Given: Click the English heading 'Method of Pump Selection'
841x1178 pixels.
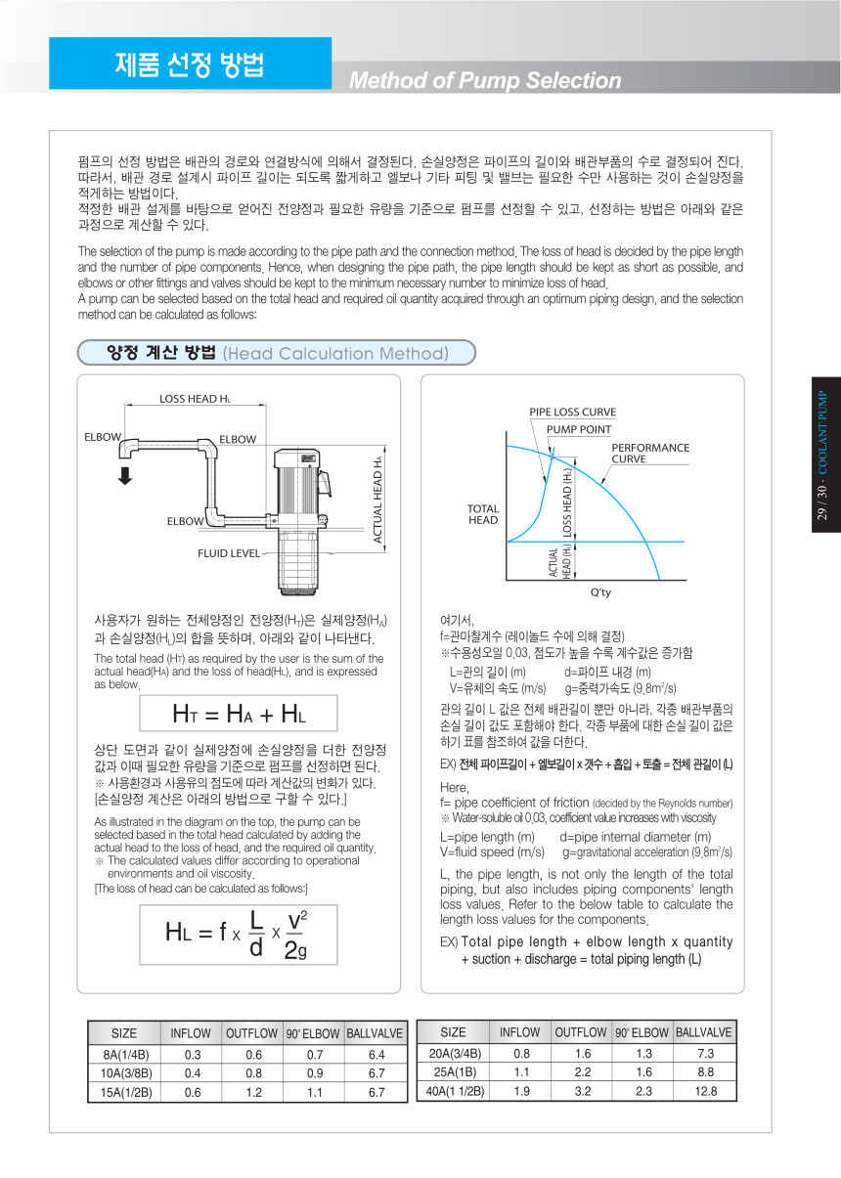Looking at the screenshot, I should click(x=485, y=80).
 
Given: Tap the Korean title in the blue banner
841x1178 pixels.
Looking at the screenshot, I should click(x=190, y=65).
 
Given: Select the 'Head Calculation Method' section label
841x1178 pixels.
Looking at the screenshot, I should click(x=335, y=353).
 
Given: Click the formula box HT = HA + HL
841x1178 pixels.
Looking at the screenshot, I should click(x=240, y=713).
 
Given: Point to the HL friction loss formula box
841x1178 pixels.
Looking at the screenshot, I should click(x=240, y=936).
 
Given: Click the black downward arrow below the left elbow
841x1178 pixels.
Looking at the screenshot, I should click(x=125, y=475).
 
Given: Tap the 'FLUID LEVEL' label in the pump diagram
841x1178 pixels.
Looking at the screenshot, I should click(x=228, y=553).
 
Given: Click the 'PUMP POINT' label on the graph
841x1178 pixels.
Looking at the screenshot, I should click(x=578, y=429).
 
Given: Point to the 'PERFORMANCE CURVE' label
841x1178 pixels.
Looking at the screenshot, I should click(x=650, y=453).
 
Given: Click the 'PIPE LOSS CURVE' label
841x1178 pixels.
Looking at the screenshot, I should click(x=573, y=412).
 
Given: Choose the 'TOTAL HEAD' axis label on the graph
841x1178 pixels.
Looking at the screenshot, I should click(x=483, y=514).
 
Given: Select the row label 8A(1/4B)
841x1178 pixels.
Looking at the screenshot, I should click(x=125, y=1055).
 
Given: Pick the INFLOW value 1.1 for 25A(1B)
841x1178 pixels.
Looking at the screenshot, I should click(x=521, y=1071).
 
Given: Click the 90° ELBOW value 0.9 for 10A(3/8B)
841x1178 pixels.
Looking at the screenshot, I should click(x=314, y=1073).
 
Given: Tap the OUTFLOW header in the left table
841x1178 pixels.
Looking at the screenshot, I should click(x=252, y=1033).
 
